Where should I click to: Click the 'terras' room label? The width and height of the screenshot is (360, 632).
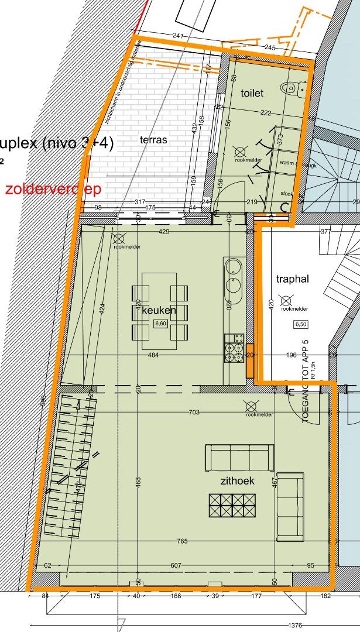(x=153, y=140)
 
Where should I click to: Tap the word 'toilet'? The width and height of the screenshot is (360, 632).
(x=252, y=93)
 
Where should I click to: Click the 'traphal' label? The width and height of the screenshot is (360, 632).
(x=292, y=279)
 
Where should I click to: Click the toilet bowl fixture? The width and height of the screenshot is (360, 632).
(x=291, y=89)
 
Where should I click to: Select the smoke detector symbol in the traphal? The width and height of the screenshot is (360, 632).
(x=286, y=301)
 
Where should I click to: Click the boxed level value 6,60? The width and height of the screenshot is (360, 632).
(x=160, y=324)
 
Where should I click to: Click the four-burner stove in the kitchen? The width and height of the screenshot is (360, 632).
(x=233, y=348)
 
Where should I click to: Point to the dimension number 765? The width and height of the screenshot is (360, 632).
(x=182, y=541)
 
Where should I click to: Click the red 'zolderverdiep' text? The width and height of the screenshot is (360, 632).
(x=53, y=189)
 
